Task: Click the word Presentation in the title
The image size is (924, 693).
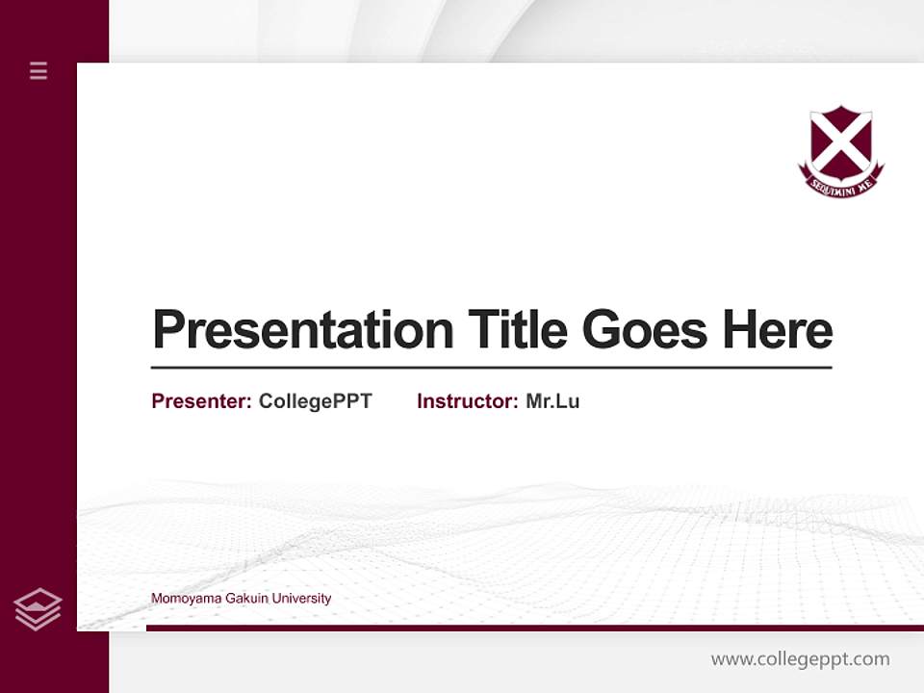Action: pos(303,330)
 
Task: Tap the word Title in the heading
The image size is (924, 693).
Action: pos(518,330)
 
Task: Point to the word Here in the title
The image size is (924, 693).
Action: pos(778,330)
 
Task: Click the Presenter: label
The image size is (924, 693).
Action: pos(201,401)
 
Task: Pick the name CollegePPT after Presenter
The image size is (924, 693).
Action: pos(315,401)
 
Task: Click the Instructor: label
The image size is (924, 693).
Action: pos(467,401)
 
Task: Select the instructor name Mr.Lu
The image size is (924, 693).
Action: pos(552,401)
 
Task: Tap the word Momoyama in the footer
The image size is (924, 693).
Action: pos(179,599)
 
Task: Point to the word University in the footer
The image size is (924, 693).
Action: pos(301,599)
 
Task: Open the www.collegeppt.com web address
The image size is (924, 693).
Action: pos(800,659)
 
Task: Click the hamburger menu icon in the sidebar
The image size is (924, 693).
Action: pos(38,70)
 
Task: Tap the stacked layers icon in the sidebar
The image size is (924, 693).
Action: pos(38,609)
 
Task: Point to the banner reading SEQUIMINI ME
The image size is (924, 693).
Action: pos(840,186)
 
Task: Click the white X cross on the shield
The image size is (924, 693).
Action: pos(840,141)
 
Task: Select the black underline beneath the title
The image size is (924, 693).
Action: pos(491,368)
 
